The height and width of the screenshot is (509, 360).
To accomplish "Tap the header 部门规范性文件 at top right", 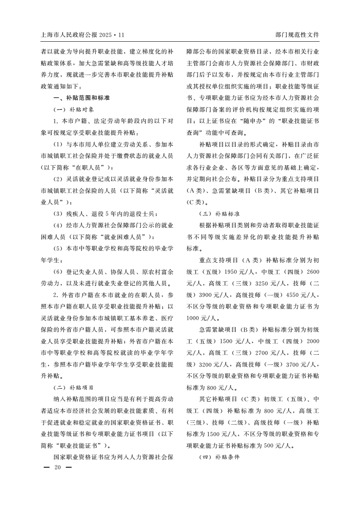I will (297, 34).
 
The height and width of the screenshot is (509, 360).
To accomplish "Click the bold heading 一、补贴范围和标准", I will (82, 98).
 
